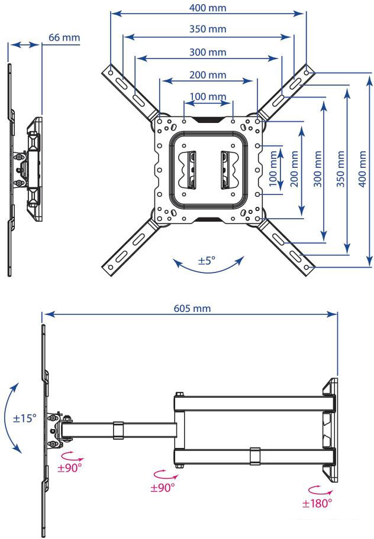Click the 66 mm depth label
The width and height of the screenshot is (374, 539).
pos(64,37)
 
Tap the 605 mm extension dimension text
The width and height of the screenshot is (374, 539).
pos(192,308)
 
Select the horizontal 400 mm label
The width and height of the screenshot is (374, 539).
pos(208,8)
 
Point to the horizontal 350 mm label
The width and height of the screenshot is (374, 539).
pos(208,28)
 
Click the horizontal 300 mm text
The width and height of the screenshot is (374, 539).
pos(208,52)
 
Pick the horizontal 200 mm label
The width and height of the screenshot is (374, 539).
pos(208,74)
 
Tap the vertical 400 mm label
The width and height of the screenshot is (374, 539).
pos(362,169)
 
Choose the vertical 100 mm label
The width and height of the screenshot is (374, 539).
pos(273,169)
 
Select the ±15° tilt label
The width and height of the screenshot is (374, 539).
pos(24,418)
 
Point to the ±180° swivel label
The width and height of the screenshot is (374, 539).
pos(317,504)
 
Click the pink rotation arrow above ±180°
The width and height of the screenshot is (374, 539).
pos(316,489)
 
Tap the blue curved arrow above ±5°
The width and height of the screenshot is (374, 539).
pos(208,271)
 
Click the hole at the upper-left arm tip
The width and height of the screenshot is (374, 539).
pos(111,73)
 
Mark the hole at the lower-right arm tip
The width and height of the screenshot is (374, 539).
pos(307,267)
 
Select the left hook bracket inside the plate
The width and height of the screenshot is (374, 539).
pos(188,170)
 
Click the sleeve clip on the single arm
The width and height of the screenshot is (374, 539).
pos(118,430)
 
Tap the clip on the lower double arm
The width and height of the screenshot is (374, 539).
pos(255,456)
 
